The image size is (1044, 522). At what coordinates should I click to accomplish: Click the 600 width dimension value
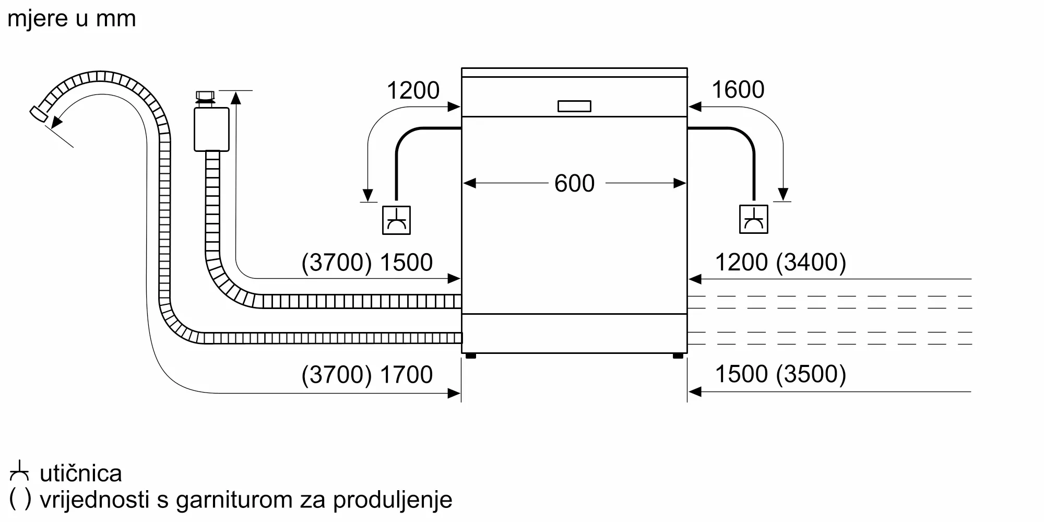tap(574, 183)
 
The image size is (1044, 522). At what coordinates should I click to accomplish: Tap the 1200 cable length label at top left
tap(413, 90)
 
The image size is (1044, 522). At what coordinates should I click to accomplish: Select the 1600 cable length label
tap(738, 89)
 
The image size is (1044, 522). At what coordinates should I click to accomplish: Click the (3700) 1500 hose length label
tap(367, 262)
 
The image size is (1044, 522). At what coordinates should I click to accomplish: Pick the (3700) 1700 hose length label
tap(367, 374)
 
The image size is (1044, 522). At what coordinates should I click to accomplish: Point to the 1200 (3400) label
tap(780, 262)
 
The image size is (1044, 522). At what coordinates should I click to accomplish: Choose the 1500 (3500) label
tap(780, 374)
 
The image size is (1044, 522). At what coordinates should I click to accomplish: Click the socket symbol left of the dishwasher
tap(396, 220)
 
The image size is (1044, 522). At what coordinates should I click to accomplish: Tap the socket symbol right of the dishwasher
tap(753, 219)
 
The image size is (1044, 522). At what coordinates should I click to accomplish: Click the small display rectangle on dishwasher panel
tap(574, 106)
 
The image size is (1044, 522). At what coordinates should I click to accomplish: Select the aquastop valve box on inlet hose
tap(211, 129)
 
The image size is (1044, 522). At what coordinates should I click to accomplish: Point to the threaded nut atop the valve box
tap(205, 97)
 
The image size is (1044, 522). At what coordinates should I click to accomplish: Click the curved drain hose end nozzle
tap(38, 114)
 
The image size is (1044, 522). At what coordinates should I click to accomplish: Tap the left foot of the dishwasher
tap(470, 356)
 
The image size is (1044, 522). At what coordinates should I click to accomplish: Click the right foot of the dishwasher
tap(678, 356)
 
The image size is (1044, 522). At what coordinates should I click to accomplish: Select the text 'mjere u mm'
tap(72, 19)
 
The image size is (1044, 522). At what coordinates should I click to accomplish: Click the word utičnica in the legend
tap(81, 473)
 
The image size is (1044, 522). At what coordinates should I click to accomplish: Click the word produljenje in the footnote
tap(393, 500)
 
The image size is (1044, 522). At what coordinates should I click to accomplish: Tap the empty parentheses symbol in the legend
tap(20, 499)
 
